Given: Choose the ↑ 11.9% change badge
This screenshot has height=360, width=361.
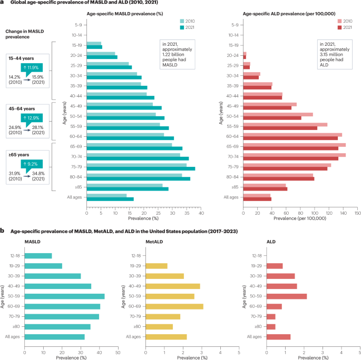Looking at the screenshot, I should pos(32,67).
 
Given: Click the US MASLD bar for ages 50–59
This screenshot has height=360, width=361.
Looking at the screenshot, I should pos(64,296).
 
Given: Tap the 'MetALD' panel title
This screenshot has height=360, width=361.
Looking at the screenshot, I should pos(154,242).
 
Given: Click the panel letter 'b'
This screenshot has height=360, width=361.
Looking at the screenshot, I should pos(3,231).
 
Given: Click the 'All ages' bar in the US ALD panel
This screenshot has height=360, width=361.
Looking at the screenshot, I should pos(279,337).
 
